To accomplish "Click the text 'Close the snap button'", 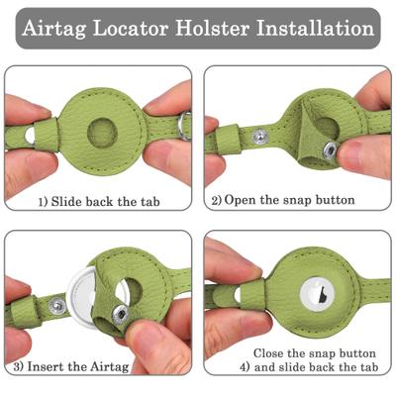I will [x=313, y=353].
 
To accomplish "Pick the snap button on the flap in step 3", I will [x=119, y=315].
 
